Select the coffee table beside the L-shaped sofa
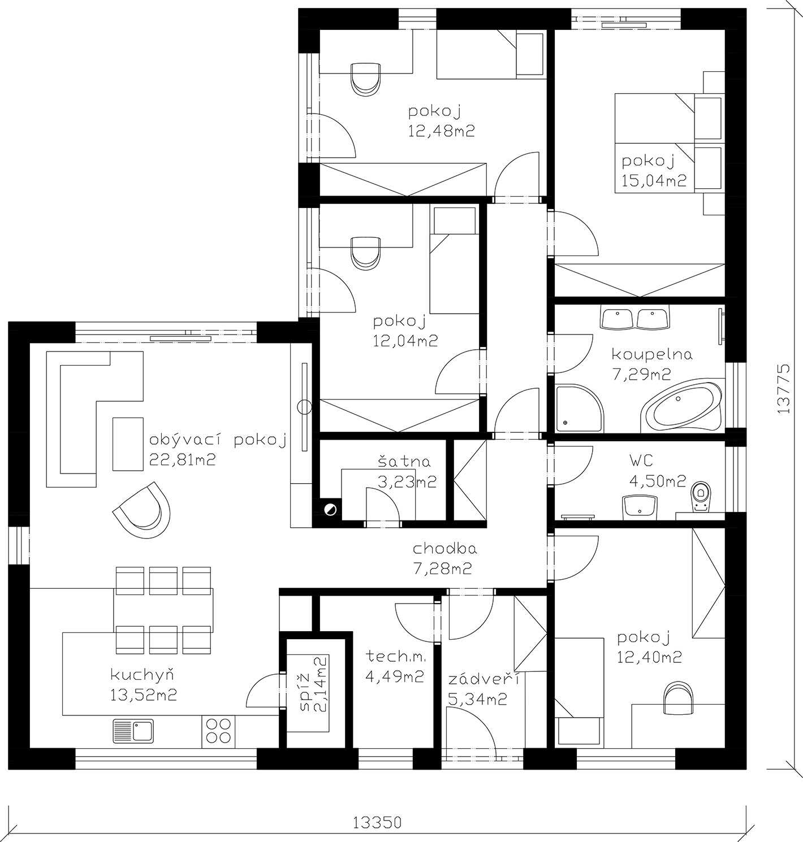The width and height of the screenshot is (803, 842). (128, 444)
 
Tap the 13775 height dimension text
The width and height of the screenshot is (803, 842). (783, 388)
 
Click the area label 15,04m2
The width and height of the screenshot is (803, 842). (654, 180)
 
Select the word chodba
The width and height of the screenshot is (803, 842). (444, 549)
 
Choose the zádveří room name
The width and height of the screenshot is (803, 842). (483, 680)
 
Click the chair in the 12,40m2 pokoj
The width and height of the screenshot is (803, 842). (678, 698)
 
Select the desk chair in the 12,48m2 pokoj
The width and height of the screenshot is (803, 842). (366, 80)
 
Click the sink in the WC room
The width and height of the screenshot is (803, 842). (640, 507)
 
